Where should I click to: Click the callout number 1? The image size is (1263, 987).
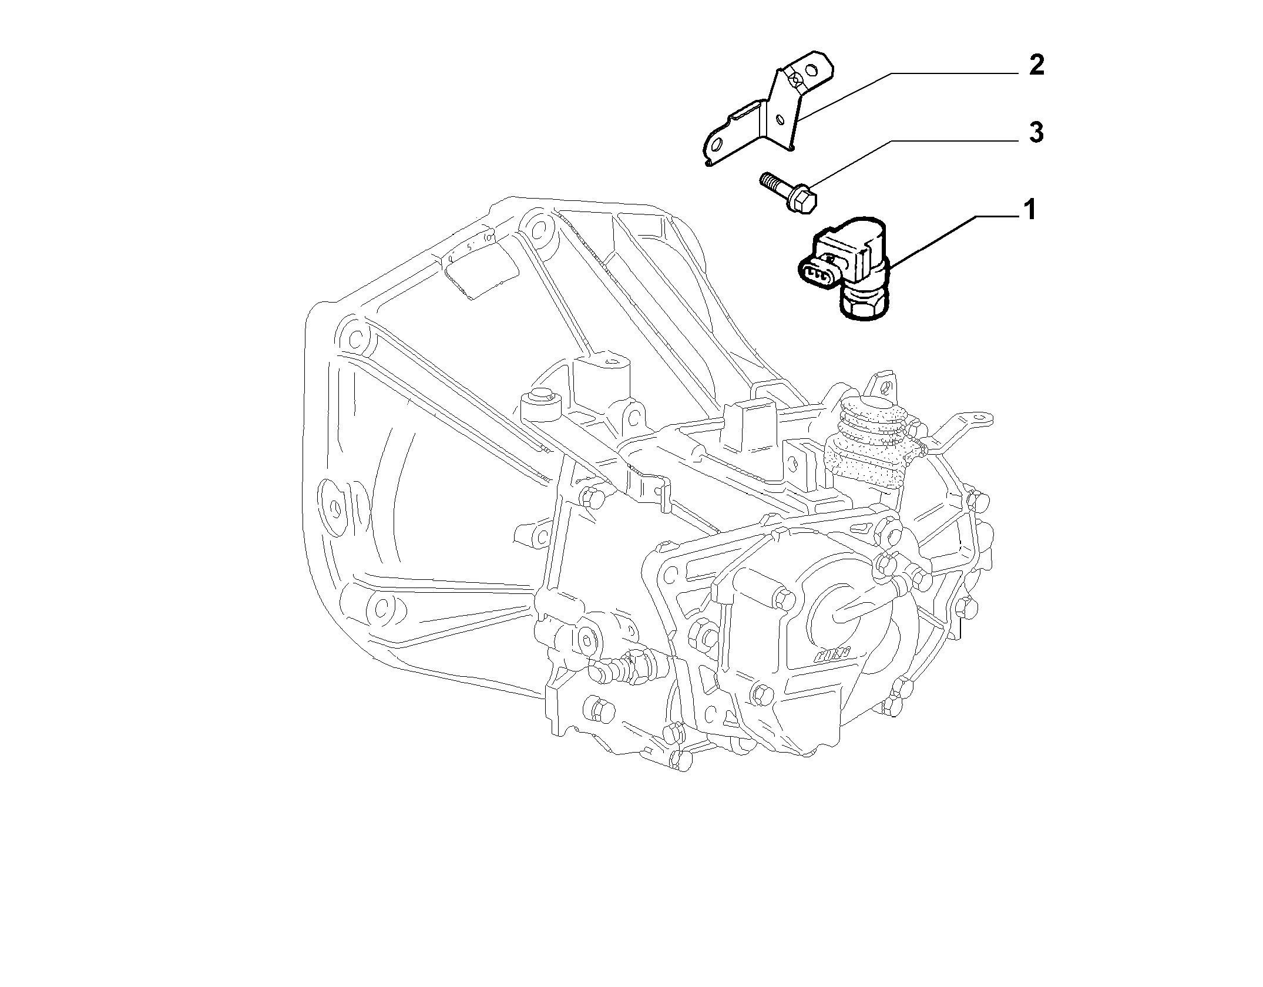coord(1029,210)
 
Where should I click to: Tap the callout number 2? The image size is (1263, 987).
coord(1036,65)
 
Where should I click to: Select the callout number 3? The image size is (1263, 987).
coord(1036,133)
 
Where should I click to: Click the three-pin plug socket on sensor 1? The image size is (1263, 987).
coord(815,273)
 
